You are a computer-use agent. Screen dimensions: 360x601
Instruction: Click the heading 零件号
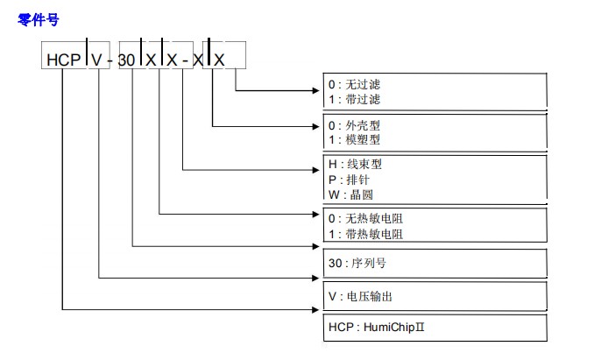tap(38, 19)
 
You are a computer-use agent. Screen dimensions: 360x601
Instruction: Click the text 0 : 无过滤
tap(355, 85)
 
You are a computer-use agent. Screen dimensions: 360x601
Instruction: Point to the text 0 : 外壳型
tap(355, 124)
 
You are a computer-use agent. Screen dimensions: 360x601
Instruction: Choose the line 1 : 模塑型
tap(355, 139)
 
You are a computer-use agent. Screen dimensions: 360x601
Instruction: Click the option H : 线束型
tap(355, 164)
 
